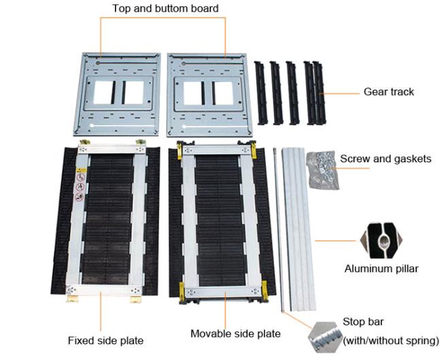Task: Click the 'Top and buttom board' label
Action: coord(165,9)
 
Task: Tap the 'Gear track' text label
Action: coord(388,92)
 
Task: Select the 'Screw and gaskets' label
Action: coord(385,159)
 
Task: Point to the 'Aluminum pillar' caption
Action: coord(381,268)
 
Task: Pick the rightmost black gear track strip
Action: coord(318,93)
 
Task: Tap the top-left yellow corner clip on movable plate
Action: coord(181,148)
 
